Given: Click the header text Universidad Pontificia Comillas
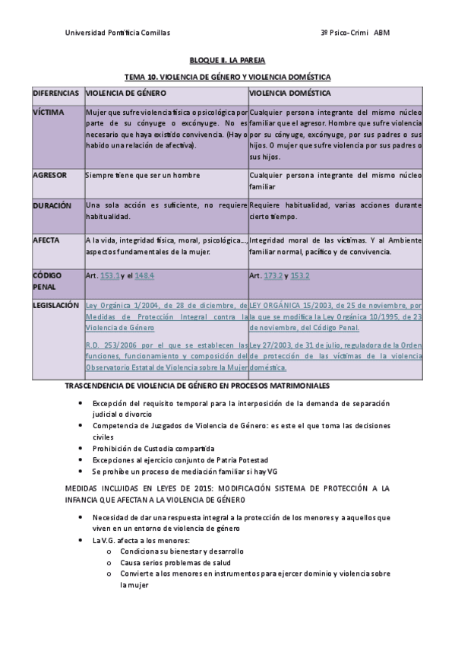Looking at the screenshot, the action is pyautogui.click(x=118, y=33).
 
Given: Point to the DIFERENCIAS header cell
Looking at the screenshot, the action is pyautogui.click(x=55, y=93).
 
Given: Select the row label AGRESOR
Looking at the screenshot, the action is pyautogui.click(x=50, y=175).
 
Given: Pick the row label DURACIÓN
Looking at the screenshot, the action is pyautogui.click(x=52, y=205).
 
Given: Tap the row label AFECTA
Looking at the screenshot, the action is pyautogui.click(x=46, y=240).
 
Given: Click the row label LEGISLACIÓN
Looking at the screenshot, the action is pyautogui.click(x=55, y=305).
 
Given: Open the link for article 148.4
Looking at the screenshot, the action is pyautogui.click(x=144, y=275).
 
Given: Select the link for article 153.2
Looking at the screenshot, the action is pyautogui.click(x=300, y=275).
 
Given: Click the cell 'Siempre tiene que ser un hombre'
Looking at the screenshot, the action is pyautogui.click(x=143, y=175).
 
